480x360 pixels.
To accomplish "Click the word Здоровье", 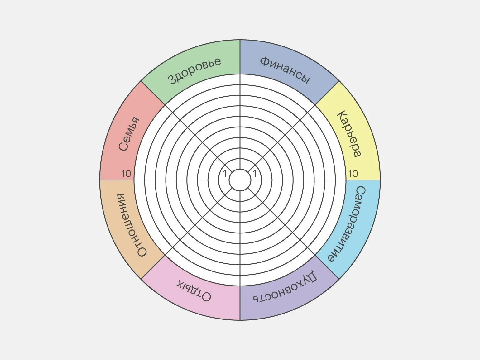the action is [194, 71].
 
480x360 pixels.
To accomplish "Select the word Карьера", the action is [349, 134].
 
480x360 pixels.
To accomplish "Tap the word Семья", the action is [129, 134].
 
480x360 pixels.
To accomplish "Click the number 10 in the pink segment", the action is [126, 174].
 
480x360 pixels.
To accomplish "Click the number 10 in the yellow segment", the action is [353, 174].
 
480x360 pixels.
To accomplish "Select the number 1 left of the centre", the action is [225, 174].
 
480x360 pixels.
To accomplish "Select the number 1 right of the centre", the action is [255, 174].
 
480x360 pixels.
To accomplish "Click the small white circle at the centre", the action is [240, 180].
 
